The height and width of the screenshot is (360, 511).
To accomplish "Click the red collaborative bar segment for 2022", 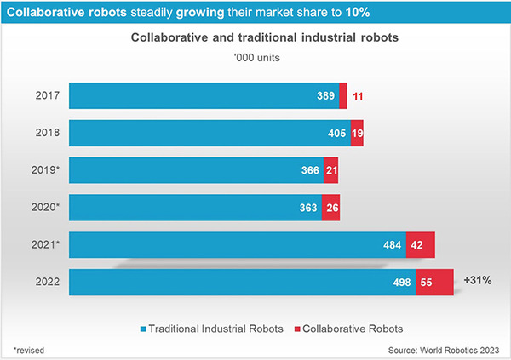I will [434, 283].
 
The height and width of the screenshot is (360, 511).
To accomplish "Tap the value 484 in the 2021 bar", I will [393, 245].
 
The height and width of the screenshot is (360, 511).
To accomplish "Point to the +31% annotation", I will [479, 279].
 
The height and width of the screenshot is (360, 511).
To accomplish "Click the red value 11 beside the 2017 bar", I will [358, 96].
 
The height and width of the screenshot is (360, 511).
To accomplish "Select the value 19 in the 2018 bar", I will [357, 134].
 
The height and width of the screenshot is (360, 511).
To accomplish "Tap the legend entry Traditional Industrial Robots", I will [213, 328].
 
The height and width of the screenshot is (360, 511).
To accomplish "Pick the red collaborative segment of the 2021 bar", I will [421, 245].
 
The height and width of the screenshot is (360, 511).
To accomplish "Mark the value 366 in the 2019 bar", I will [311, 170].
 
